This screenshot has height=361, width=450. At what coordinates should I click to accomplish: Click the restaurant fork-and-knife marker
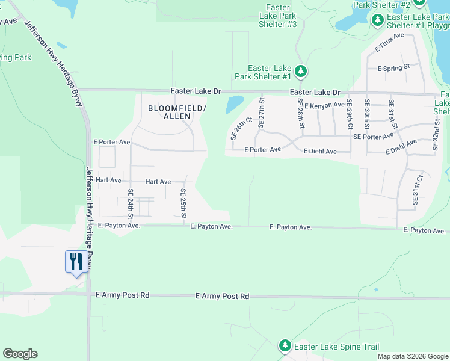[x=76, y=262]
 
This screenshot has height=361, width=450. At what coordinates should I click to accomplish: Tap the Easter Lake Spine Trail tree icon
[x=285, y=346]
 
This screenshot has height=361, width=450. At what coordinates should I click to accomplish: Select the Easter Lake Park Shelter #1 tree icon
[x=301, y=72]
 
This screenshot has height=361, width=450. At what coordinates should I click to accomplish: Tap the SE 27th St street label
[x=261, y=113]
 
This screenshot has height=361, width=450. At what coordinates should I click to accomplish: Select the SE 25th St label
[x=183, y=203]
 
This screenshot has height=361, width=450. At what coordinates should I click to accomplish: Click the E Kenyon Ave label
[x=324, y=105]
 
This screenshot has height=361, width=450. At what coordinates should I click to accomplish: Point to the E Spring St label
[x=393, y=69]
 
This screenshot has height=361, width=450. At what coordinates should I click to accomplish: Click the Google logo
[x=20, y=354]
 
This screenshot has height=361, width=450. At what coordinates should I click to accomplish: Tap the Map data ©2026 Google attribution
[x=413, y=356]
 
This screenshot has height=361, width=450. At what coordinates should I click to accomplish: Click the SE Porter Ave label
[x=374, y=137]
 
